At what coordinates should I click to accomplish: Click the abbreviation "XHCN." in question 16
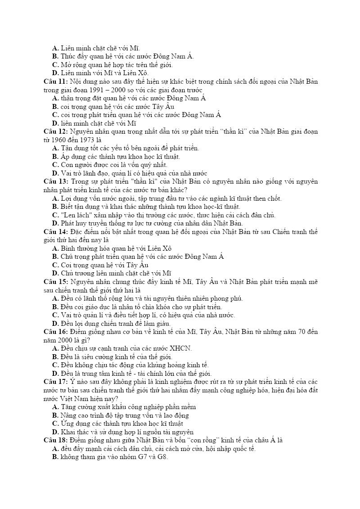(x=180, y=348)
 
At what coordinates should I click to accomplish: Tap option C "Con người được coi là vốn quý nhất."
(x=110, y=165)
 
